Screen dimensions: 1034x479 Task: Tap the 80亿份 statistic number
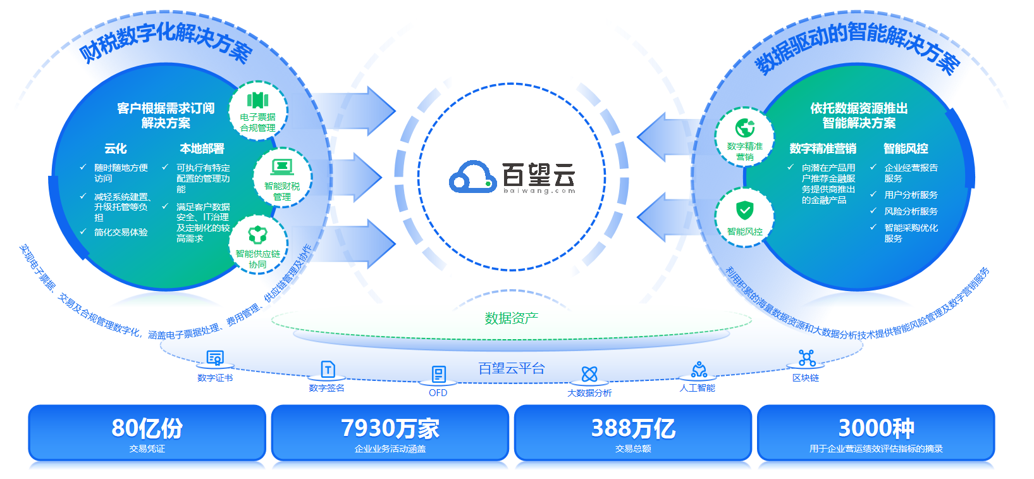[147, 428]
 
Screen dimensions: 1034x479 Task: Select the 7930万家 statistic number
[390, 428]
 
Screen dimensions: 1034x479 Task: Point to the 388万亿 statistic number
[633, 428]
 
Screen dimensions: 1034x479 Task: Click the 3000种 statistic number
[876, 428]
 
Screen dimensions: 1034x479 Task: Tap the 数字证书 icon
[215, 358]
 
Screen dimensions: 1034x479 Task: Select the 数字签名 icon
[328, 369]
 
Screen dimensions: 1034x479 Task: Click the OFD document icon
[438, 374]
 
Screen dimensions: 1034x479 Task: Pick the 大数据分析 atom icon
[589, 374]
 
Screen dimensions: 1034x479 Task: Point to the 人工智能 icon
[699, 369]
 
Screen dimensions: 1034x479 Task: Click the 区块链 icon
[806, 358]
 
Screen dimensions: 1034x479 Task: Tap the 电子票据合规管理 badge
[258, 111]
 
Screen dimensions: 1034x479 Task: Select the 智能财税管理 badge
[282, 177]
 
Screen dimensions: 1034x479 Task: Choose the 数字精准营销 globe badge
[744, 137]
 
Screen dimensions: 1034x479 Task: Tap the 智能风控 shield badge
[744, 217]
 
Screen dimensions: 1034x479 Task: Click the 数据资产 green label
[512, 318]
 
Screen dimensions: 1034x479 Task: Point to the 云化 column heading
[115, 148]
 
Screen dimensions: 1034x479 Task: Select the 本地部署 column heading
[202, 148]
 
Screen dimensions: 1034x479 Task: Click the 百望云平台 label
[512, 368]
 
